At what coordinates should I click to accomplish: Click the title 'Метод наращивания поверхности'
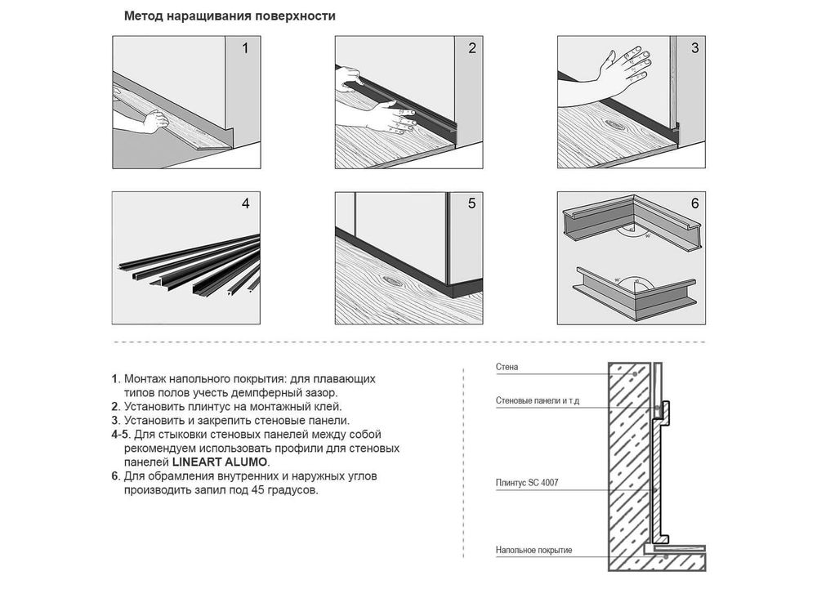tap(230, 16)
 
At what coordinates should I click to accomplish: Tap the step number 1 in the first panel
tap(245, 48)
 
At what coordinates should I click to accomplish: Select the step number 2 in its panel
tap(472, 48)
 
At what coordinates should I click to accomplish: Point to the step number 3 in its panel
tap(694, 48)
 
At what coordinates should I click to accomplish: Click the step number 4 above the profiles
tap(245, 203)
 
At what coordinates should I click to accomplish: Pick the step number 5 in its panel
tap(472, 203)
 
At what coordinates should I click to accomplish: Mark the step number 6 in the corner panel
tap(694, 203)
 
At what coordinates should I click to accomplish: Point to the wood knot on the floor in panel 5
tap(395, 281)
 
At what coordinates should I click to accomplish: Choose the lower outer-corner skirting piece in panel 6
tap(636, 294)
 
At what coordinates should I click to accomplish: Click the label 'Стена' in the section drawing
tap(507, 367)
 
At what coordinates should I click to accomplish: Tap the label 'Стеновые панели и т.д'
tap(538, 400)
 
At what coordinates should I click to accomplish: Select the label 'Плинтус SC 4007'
tap(527, 483)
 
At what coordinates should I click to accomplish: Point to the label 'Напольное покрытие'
tap(534, 550)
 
